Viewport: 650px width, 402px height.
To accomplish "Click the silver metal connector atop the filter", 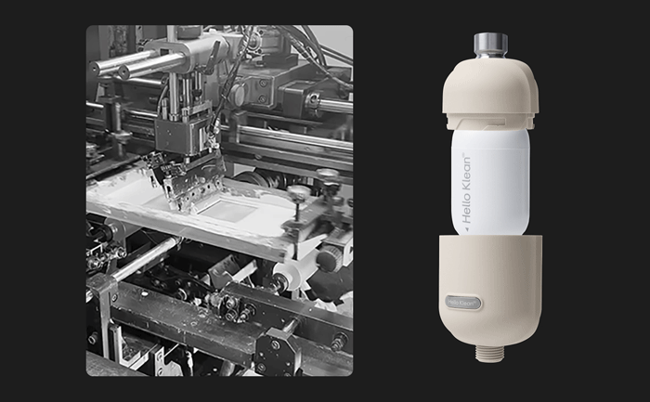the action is tap(490, 46).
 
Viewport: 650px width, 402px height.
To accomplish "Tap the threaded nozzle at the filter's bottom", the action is tap(490, 353).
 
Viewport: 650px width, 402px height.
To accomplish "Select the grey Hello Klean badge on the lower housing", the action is tap(463, 303).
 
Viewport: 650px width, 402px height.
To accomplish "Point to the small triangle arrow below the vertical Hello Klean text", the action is tap(467, 228).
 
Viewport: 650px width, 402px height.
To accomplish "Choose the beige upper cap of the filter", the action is tap(490, 93).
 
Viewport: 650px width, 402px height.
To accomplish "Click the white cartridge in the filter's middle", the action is tap(490, 182).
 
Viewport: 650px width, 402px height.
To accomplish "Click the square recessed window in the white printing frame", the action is tap(227, 210).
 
